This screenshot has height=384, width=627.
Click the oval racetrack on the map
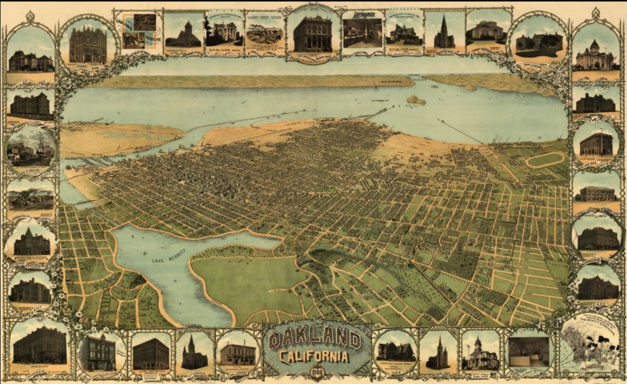point(546,160)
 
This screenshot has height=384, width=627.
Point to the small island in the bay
point(415,100)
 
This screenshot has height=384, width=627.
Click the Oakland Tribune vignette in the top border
point(138,32)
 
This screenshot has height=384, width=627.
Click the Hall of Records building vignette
point(536,43)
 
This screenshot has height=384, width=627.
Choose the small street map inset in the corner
point(590,344)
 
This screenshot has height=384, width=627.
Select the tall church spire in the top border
point(444,32)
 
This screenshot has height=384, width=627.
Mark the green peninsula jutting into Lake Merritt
point(246,278)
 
